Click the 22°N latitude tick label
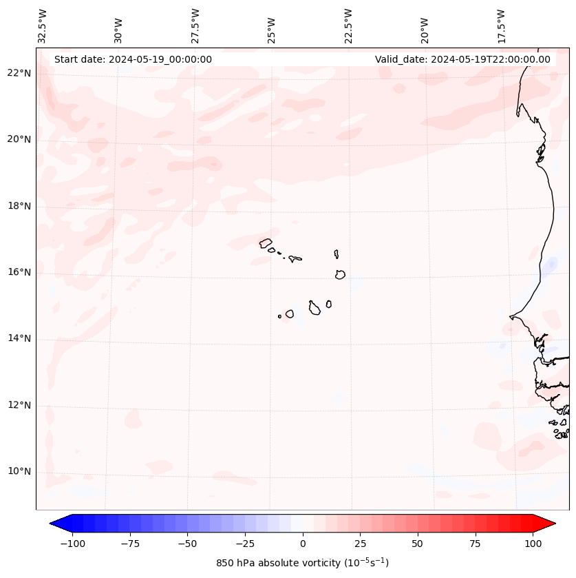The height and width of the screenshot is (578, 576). [x=19, y=73]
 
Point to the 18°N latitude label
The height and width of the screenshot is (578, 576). [x=19, y=206]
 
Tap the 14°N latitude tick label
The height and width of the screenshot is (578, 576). [x=19, y=338]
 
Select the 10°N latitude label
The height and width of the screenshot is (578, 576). [x=19, y=471]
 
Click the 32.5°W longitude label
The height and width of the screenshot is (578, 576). [x=43, y=26]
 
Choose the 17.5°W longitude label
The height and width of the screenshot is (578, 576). [x=501, y=26]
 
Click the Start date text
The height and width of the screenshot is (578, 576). [x=133, y=59]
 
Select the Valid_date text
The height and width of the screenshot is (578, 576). [x=462, y=59]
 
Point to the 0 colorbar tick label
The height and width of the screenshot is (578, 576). [x=303, y=544]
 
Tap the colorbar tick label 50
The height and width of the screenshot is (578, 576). [x=418, y=544]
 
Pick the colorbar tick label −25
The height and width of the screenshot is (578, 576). [x=245, y=544]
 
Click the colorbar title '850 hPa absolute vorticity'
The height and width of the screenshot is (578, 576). [x=302, y=563]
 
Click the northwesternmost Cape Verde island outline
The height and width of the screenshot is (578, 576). [x=266, y=242]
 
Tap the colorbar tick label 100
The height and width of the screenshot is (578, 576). [x=532, y=544]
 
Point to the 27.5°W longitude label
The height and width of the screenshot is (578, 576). [x=195, y=26]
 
